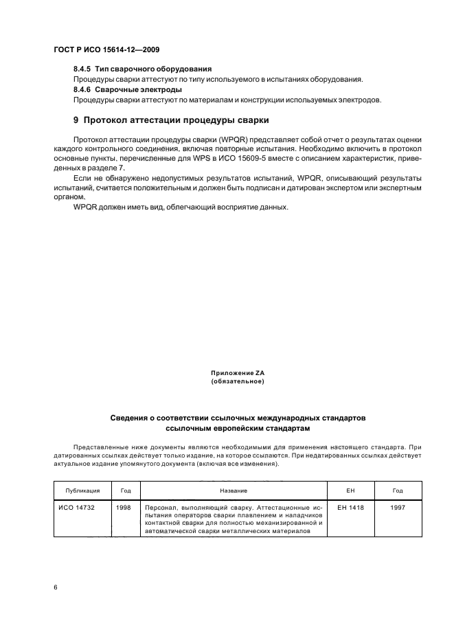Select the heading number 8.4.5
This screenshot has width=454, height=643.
tap(83, 69)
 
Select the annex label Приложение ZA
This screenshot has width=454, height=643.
tap(237, 372)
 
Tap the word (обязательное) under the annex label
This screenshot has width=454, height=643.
tap(237, 381)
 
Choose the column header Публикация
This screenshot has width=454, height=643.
tap(82, 491)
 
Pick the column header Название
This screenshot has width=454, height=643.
tap(233, 491)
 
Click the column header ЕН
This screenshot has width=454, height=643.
tap(350, 491)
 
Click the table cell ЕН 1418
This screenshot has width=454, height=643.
tap(350, 508)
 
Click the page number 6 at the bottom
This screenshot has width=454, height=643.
tap(55, 587)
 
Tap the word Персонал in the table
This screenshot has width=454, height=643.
tap(161, 508)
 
